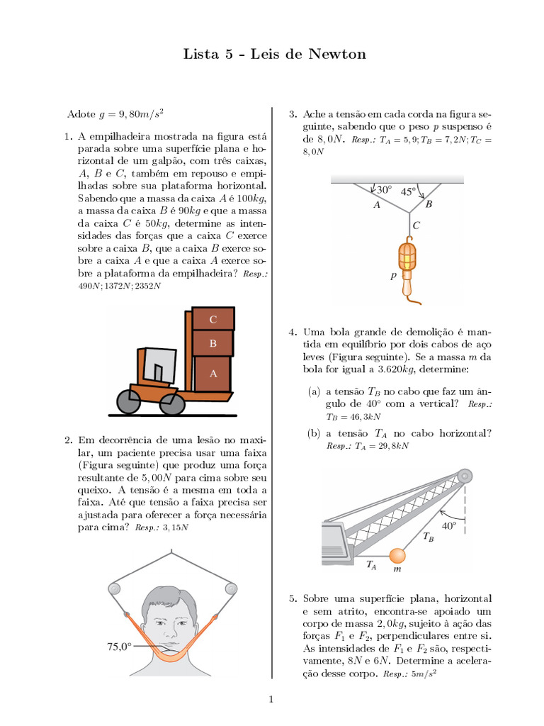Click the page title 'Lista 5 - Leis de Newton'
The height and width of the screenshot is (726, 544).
tap(275, 54)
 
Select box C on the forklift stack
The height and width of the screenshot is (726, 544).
tap(213, 319)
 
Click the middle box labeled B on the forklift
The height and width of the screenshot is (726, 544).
tap(213, 344)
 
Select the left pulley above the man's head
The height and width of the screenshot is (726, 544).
tap(114, 588)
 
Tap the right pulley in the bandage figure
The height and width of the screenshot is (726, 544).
tap(229, 588)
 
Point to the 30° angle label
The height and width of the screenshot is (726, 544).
tap(383, 190)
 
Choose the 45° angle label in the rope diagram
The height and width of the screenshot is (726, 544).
tap(409, 191)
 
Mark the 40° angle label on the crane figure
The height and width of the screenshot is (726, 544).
tap(449, 526)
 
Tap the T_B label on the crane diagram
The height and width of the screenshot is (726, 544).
tap(429, 538)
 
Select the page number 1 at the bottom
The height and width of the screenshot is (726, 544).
tap(271, 700)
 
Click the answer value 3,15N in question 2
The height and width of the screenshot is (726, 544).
tap(176, 527)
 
